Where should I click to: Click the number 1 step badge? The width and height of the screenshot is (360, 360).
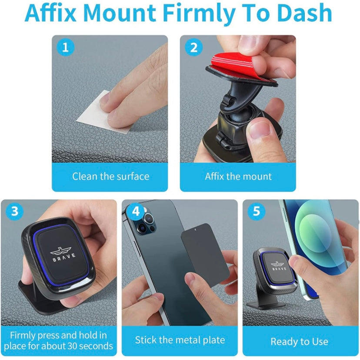pos(65,47)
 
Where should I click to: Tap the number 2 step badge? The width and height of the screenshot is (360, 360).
pos(194,47)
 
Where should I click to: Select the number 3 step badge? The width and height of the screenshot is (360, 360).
pos(15,211)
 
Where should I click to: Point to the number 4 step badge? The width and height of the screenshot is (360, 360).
pos(136,211)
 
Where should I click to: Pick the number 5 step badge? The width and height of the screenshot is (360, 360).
pos(257,211)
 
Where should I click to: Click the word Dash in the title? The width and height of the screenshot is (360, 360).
pos(304,13)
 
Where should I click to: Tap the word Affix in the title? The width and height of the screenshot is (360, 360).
pos(50,13)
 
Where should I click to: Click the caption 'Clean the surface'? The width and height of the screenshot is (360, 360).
pos(111,177)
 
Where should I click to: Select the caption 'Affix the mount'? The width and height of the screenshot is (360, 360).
pos(238,177)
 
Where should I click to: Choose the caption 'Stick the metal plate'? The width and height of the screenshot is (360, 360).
pos(180,340)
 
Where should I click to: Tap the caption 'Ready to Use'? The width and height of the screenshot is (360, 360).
pos(300,342)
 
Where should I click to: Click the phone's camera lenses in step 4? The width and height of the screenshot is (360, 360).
pos(146,222)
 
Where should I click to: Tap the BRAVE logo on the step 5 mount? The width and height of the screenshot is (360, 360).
pos(279,266)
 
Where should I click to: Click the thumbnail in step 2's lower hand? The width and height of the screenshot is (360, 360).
pos(260,129)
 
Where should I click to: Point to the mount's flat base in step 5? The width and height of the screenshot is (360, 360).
pos(267,305)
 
